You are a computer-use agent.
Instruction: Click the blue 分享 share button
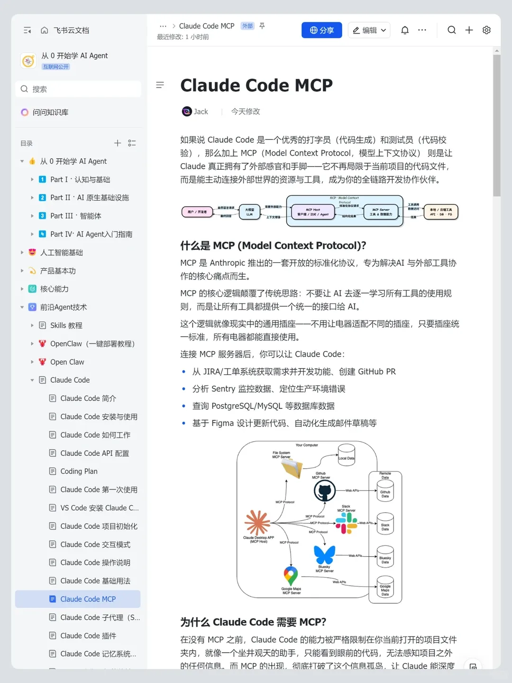(x=321, y=30)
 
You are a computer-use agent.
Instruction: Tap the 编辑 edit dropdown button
(x=369, y=30)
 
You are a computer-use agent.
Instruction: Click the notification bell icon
(x=405, y=30)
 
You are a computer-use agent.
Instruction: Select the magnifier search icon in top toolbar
(x=451, y=30)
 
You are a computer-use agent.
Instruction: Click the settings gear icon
(x=486, y=30)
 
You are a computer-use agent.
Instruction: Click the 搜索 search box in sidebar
(x=78, y=89)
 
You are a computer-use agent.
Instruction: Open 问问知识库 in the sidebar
(x=50, y=112)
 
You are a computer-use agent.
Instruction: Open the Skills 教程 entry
(x=66, y=325)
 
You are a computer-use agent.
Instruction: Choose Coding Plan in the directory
(x=79, y=471)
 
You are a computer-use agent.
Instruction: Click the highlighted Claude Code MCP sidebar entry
(x=88, y=599)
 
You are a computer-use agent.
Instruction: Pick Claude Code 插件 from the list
(x=88, y=636)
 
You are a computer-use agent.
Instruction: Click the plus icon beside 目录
(x=118, y=143)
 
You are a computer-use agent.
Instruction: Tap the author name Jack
(x=201, y=111)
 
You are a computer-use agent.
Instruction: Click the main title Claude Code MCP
(x=256, y=85)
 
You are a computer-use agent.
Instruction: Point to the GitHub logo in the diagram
(x=325, y=491)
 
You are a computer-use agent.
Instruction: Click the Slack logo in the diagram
(x=347, y=523)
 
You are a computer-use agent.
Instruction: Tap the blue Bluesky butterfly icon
(x=324, y=554)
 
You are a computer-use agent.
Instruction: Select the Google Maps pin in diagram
(x=291, y=576)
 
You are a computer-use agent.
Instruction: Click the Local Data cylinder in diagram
(x=347, y=455)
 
